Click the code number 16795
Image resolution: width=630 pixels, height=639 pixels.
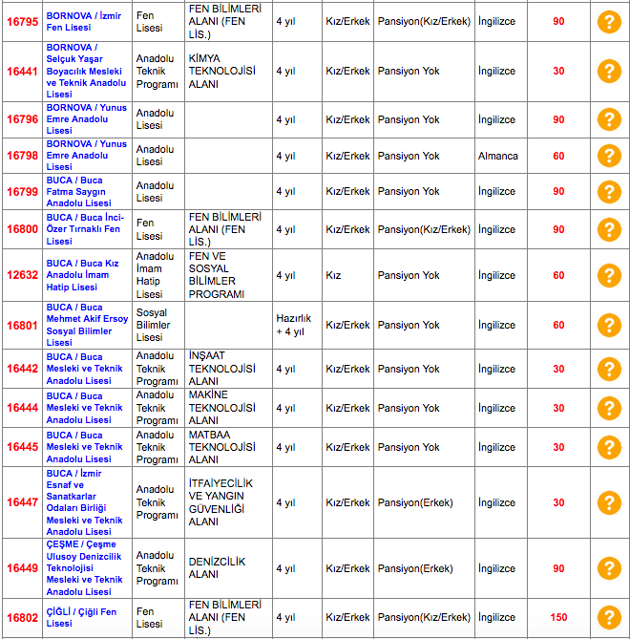click(22, 21)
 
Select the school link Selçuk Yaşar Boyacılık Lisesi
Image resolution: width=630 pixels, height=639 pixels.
click(86, 71)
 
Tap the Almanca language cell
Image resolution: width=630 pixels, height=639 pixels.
click(498, 156)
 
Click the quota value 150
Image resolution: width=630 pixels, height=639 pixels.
click(558, 617)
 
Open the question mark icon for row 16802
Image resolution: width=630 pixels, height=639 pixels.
click(608, 617)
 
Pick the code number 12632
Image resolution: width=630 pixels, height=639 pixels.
click(22, 275)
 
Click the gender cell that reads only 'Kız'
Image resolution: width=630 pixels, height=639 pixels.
click(333, 275)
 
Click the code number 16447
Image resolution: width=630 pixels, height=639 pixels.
click(22, 502)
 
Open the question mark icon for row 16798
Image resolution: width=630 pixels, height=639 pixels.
click(608, 156)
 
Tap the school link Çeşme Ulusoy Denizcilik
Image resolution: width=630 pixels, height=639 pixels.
click(86, 567)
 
